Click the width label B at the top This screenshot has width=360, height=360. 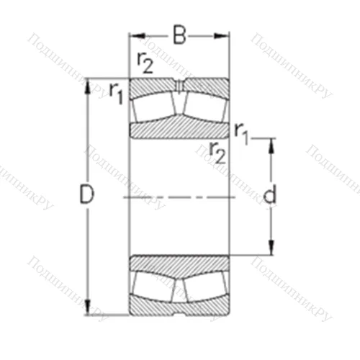(x=179, y=34)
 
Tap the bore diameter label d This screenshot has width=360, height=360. (x=270, y=195)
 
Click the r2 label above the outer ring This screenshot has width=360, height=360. (x=144, y=65)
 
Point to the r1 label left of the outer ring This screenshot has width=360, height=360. (x=115, y=91)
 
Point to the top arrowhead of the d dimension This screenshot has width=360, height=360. (x=271, y=143)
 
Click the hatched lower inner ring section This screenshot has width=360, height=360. (x=179, y=263)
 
